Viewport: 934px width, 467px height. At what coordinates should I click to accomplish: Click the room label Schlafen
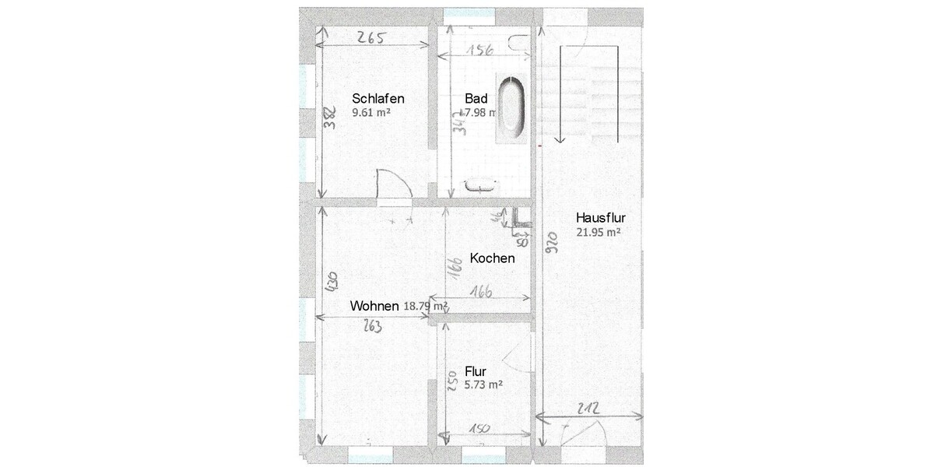(x=378, y=99)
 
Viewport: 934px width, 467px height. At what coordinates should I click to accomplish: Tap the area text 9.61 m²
(x=370, y=113)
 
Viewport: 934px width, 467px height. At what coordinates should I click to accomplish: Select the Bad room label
(x=476, y=99)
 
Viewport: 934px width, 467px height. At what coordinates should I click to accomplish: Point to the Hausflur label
(x=602, y=218)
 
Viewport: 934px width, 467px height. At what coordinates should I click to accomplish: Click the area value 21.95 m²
(x=598, y=232)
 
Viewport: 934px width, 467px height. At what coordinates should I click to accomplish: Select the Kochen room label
(x=492, y=258)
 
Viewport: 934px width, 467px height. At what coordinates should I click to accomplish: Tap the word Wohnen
(x=374, y=306)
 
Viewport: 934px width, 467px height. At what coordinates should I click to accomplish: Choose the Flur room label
(x=475, y=371)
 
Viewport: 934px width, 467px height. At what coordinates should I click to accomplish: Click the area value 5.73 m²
(x=483, y=384)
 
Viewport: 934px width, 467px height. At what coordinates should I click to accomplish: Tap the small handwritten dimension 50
(x=522, y=242)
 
